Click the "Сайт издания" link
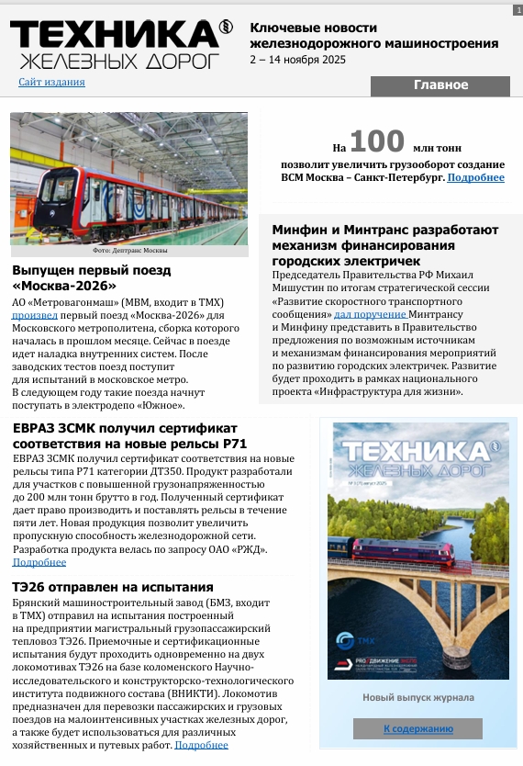click(51, 82)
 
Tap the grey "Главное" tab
click(440, 85)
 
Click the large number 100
click(377, 141)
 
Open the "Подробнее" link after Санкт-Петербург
click(475, 177)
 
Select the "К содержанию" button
click(417, 728)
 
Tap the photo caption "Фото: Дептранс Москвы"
click(128, 250)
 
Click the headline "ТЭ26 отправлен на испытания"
click(113, 587)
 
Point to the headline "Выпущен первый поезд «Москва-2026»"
click(92, 277)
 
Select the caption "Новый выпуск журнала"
click(417, 697)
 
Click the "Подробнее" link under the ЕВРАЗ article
click(39, 562)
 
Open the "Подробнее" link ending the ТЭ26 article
click(201, 745)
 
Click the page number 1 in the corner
click(517, 8)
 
